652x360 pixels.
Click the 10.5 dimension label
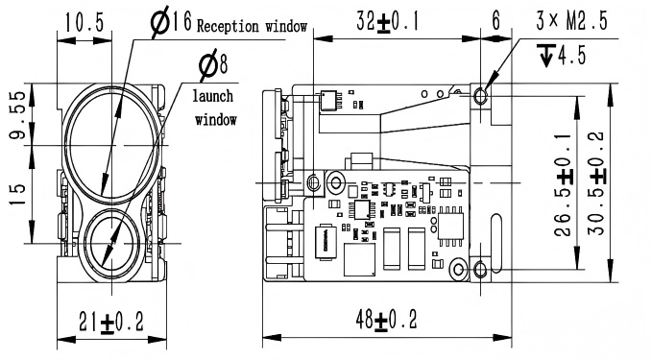coord(84,22)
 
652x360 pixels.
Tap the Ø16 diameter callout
coord(171,22)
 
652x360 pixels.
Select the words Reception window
coord(252,26)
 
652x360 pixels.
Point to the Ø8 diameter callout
coord(213,65)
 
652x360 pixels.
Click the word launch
coord(213,96)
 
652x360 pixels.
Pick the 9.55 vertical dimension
coord(18,115)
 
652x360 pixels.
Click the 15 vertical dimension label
coord(17,194)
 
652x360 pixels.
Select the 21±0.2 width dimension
coord(111,323)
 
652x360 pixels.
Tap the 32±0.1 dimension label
coord(388,22)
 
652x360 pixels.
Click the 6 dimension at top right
coord(496,21)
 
